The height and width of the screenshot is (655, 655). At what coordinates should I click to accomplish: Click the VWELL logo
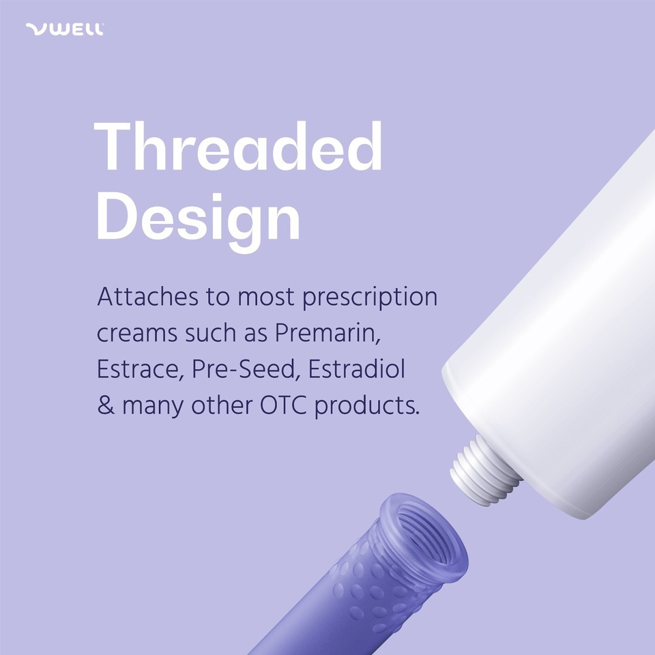point(65,29)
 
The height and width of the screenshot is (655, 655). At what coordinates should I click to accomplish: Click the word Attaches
point(147,297)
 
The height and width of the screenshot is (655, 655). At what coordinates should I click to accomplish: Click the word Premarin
point(327,334)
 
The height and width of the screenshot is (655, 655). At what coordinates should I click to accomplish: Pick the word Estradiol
point(357,369)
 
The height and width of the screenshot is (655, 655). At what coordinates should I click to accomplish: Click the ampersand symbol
point(106,405)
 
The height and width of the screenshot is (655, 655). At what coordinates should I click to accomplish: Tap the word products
point(367,406)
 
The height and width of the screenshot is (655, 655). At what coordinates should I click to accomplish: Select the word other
point(222,405)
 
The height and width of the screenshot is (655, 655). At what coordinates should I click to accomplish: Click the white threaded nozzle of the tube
point(484,471)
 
